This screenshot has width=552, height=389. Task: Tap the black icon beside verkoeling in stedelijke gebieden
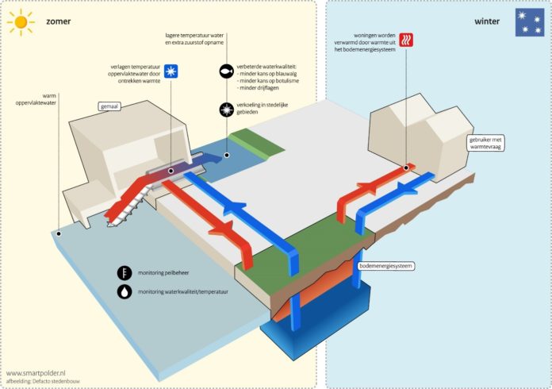point(226,110)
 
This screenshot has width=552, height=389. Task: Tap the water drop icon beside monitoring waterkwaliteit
point(124,291)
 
